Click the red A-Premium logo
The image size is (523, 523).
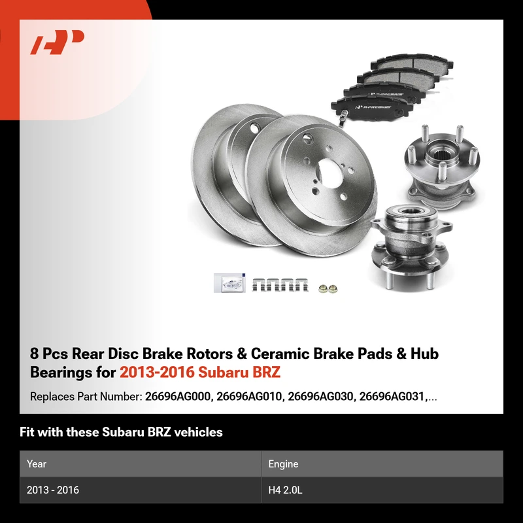[x=57, y=42]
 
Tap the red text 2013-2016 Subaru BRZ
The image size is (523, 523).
[x=200, y=372]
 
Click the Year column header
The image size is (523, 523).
[x=37, y=464]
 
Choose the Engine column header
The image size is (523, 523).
[x=283, y=464]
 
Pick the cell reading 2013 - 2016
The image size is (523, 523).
[x=53, y=490]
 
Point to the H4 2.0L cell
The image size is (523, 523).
[x=285, y=490]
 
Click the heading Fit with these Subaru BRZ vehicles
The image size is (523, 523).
[x=121, y=432]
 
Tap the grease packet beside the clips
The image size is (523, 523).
[x=229, y=283]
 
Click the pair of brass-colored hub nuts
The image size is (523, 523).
[x=328, y=288]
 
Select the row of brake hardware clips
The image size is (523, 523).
[x=280, y=284]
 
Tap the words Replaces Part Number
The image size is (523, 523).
[x=86, y=397]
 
